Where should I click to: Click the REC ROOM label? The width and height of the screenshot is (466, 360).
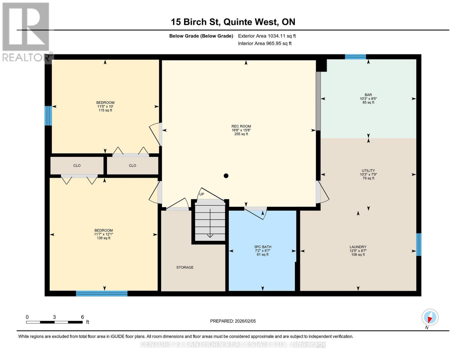(241, 130)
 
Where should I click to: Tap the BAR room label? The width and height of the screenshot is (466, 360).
(368, 98)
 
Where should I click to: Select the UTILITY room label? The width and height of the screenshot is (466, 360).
(368, 174)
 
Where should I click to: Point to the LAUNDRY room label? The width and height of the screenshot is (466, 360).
(358, 251)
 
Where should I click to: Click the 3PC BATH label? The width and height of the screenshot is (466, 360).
(263, 251)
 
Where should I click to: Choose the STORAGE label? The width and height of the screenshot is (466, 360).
(185, 267)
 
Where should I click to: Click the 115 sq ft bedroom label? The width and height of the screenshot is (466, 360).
(105, 106)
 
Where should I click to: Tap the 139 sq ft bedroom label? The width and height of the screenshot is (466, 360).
(104, 234)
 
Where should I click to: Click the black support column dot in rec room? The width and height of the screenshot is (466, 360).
(226, 176)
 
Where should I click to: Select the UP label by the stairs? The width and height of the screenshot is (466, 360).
(202, 194)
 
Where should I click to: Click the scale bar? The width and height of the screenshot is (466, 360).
(54, 322)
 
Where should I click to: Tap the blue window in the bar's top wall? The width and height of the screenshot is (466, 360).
(355, 57)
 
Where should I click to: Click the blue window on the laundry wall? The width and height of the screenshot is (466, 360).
(419, 244)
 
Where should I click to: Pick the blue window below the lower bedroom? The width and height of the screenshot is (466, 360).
(102, 293)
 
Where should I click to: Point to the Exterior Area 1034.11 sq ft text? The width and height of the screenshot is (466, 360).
(267, 36)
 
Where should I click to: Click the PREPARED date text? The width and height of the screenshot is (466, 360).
(233, 321)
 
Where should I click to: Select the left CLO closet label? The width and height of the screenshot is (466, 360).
(77, 166)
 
